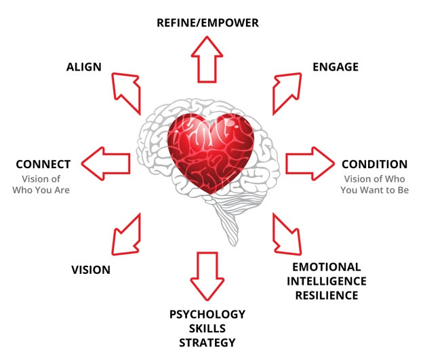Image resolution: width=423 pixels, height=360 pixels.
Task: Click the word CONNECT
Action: [x=43, y=164]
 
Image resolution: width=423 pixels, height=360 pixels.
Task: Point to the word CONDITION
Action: [x=374, y=164]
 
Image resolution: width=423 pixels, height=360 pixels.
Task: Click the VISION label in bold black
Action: [x=90, y=270]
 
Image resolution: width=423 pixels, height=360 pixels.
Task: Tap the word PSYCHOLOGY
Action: [x=207, y=314]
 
